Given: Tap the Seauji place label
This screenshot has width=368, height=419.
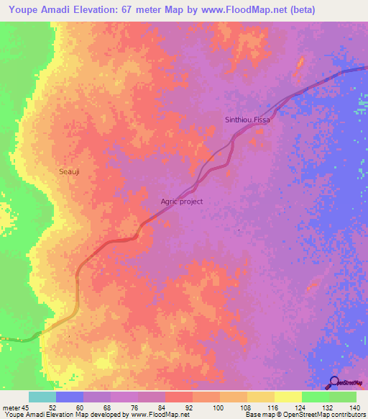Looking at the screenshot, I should [70, 172].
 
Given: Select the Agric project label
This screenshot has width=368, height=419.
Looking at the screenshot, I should [181, 202].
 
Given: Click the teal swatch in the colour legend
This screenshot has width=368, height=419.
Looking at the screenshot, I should [42, 397].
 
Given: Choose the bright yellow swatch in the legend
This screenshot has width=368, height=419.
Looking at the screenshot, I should [287, 397].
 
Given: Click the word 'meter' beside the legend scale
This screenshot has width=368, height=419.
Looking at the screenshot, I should [11, 407].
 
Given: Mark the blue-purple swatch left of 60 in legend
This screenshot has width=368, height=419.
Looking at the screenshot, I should [69, 397].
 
